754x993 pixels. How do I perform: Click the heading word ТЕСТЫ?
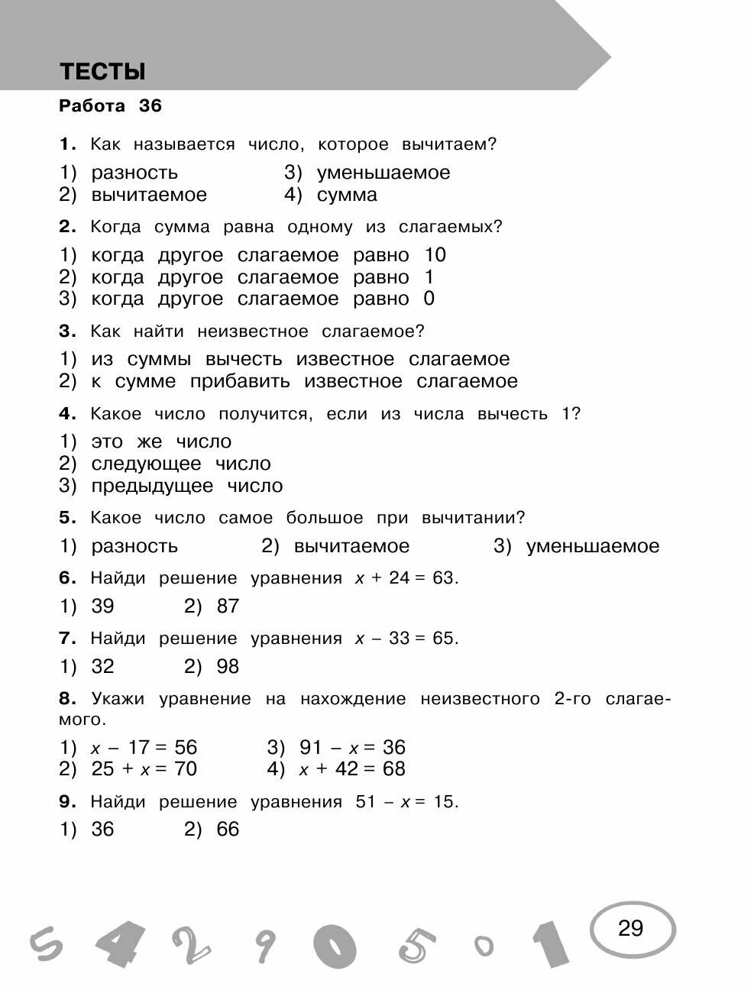tap(102, 72)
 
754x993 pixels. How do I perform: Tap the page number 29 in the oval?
tap(630, 928)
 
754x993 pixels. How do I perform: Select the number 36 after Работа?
tap(150, 106)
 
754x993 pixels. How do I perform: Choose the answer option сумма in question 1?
tap(347, 195)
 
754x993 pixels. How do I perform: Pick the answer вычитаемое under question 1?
tap(149, 195)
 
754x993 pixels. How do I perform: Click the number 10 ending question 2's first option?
tap(435, 255)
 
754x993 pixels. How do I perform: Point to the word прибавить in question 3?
tap(240, 381)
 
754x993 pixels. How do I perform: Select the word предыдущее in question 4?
tap(152, 486)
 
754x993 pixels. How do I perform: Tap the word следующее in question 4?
tap(146, 464)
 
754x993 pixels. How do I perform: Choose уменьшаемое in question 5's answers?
tap(592, 546)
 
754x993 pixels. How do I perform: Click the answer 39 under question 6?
tap(102, 606)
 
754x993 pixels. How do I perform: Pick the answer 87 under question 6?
tap(228, 606)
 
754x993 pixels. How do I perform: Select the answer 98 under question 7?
tap(228, 667)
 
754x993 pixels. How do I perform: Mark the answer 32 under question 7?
tap(102, 667)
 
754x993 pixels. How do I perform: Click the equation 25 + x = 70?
tap(144, 769)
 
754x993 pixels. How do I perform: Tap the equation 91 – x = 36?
tap(352, 747)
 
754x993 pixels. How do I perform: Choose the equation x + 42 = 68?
tap(352, 769)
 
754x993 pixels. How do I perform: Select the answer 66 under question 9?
tap(228, 830)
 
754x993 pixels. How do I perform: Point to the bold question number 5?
tap(67, 518)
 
